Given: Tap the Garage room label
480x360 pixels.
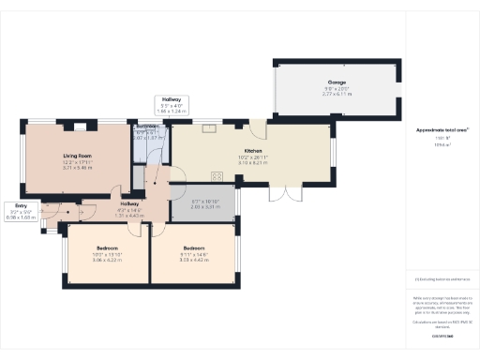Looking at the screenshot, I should pyautogui.click(x=337, y=82).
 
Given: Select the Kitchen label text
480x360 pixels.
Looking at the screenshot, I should pyautogui.click(x=253, y=151).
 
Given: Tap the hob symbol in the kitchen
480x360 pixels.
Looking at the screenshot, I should pyautogui.click(x=217, y=176).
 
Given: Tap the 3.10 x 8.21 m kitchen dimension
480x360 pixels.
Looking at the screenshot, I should pyautogui.click(x=253, y=163).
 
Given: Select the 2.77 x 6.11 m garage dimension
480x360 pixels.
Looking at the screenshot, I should pyautogui.click(x=337, y=95).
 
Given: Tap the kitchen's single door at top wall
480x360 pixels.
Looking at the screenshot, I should pyautogui.click(x=250, y=123).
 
